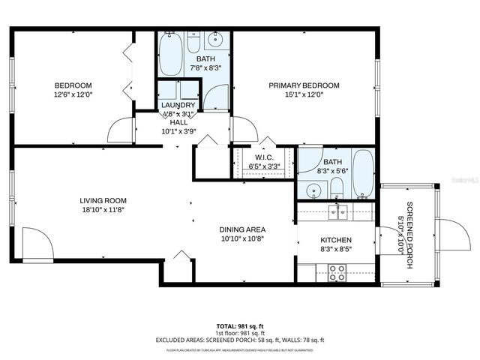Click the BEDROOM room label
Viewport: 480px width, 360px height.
(73, 85)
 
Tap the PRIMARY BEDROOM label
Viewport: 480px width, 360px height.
(304, 85)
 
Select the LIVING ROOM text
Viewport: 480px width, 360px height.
(103, 200)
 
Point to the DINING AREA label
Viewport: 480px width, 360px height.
(242, 229)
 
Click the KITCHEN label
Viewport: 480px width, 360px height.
(336, 240)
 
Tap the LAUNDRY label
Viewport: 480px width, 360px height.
(178, 105)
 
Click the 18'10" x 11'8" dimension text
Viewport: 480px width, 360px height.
(103, 210)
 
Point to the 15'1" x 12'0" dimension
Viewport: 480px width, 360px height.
(304, 95)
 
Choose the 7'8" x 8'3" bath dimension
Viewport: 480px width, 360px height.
(205, 67)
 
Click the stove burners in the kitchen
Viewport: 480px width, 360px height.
(337, 273)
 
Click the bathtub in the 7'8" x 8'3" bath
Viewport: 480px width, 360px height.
(170, 54)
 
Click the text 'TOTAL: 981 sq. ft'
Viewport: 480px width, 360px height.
(240, 326)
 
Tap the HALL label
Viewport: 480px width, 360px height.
(178, 122)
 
